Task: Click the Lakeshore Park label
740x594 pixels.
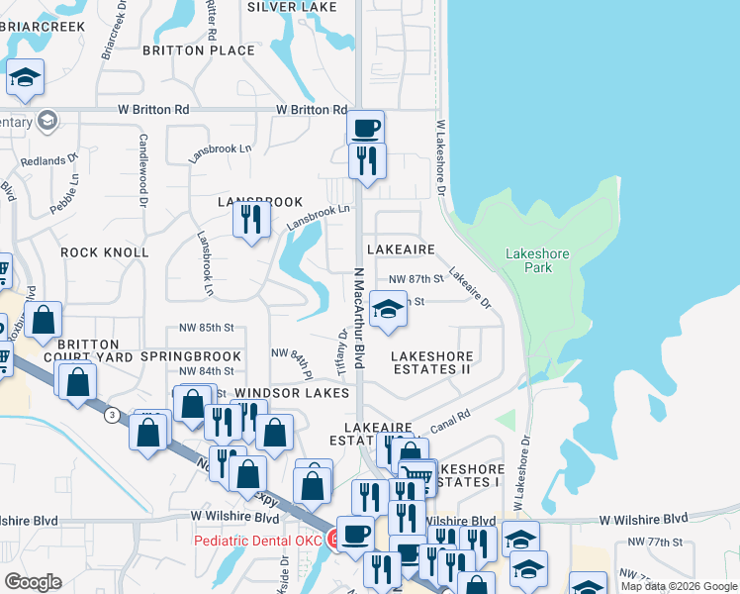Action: pyautogui.click(x=537, y=260)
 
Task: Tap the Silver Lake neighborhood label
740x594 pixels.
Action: pyautogui.click(x=292, y=6)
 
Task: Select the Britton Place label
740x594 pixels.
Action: pyautogui.click(x=198, y=49)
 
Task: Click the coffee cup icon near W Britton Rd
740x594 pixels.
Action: pyautogui.click(x=365, y=127)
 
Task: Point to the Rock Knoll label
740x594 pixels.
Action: pyautogui.click(x=105, y=252)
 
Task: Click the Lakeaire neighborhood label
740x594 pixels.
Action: pyautogui.click(x=401, y=249)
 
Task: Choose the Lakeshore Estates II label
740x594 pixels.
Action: pyautogui.click(x=431, y=362)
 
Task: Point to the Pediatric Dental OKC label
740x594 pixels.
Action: pyautogui.click(x=259, y=541)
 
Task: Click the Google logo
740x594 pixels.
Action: pyautogui.click(x=33, y=581)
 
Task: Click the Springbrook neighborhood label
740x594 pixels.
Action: pyautogui.click(x=191, y=356)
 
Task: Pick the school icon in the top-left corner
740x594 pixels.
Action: pyautogui.click(x=25, y=77)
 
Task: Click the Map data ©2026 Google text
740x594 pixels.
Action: pyautogui.click(x=678, y=586)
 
